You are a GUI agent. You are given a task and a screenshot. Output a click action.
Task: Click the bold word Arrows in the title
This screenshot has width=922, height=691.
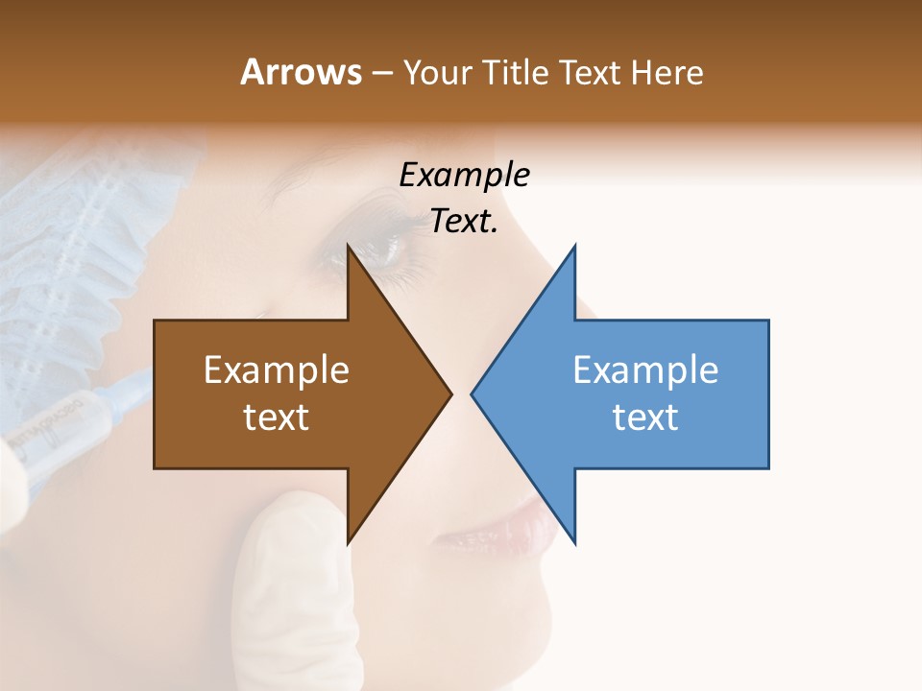tap(301, 72)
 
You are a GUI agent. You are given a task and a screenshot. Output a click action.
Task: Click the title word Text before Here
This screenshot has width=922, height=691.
tap(593, 72)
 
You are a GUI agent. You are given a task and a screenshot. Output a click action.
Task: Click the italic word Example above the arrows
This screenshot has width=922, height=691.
tap(464, 175)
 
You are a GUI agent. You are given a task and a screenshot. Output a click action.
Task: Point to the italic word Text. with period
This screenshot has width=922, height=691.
tap(464, 222)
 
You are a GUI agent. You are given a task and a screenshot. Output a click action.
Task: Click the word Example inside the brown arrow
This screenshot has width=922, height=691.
tap(277, 369)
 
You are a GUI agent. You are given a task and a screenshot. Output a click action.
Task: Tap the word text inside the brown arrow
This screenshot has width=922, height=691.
tap(277, 417)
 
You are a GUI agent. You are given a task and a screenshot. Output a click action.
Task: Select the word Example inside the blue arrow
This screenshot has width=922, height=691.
tap(645, 369)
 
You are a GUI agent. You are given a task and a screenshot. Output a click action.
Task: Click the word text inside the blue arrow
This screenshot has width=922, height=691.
tap(645, 417)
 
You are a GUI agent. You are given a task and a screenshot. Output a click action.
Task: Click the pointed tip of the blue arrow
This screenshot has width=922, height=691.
tap(473, 393)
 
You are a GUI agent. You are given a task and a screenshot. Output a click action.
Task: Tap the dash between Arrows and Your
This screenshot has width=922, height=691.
tap(380, 74)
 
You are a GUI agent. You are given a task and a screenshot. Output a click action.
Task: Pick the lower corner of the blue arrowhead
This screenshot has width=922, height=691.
tap(574, 543)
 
